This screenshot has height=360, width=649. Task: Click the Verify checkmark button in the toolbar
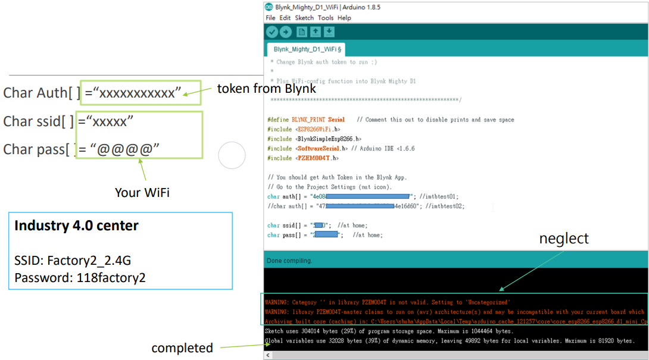(x=272, y=32)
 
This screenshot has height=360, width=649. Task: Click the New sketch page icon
(x=301, y=32)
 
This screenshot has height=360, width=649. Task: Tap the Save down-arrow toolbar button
(x=329, y=32)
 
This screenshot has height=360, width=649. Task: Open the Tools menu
(x=325, y=18)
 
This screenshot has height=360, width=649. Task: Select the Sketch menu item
(x=304, y=18)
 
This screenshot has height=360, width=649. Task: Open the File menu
(x=270, y=18)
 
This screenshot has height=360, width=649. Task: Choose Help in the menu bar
(x=344, y=18)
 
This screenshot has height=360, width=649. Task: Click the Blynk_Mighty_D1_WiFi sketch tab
(x=305, y=49)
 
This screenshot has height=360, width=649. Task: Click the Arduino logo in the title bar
(x=269, y=7)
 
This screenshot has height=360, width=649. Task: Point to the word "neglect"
(x=563, y=239)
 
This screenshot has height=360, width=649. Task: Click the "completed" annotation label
(x=182, y=348)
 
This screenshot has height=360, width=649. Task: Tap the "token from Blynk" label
(x=266, y=89)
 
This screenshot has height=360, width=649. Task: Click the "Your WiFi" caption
(x=142, y=192)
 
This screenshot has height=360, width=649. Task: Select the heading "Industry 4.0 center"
(x=76, y=226)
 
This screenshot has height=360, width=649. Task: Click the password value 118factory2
(x=111, y=277)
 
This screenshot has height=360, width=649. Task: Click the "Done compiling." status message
(x=289, y=261)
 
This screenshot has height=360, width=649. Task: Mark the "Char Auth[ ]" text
(x=42, y=93)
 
